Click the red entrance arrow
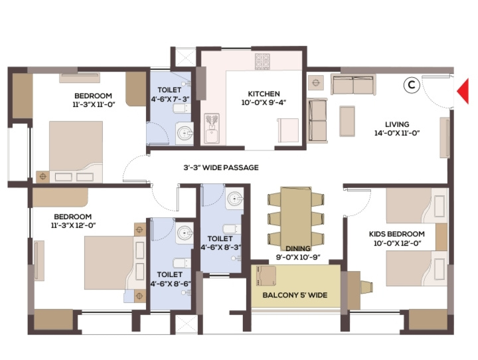pyautogui.click(x=463, y=91)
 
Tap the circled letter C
pyautogui.click(x=411, y=85)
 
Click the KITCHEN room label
pyautogui.click(x=264, y=94)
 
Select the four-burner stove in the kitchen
pyautogui.click(x=262, y=60)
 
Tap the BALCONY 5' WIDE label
pyautogui.click(x=295, y=295)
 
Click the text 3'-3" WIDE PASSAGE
pyautogui.click(x=221, y=167)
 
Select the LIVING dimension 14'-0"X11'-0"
pyautogui.click(x=397, y=133)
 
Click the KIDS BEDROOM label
pyautogui.click(x=396, y=234)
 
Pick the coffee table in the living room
pyautogui.click(x=347, y=121)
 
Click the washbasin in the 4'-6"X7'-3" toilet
pyautogui.click(x=185, y=133)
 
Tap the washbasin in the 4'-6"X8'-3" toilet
pyautogui.click(x=234, y=199)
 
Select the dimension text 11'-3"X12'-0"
pyautogui.click(x=74, y=225)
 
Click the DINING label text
pyautogui.click(x=298, y=248)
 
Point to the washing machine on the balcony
pyautogui.click(x=266, y=276)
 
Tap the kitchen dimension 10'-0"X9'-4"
pyautogui.click(x=264, y=102)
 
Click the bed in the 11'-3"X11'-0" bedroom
pyautogui.click(x=76, y=152)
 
